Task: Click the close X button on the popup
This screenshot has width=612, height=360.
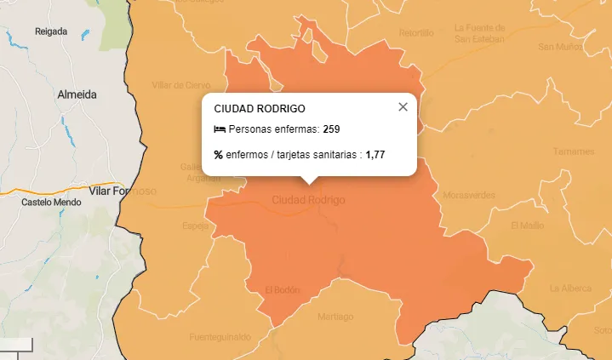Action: tap(403, 107)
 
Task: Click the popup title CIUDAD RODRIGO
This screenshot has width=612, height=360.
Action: tap(260, 109)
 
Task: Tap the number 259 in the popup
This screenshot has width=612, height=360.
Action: tap(331, 129)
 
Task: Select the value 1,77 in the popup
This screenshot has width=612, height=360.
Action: tap(375, 155)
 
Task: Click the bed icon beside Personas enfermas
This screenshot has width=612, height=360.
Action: tap(220, 129)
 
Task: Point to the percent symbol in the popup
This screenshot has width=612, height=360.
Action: tap(219, 155)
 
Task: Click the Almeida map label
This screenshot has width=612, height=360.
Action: tap(77, 94)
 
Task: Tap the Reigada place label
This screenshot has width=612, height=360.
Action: tap(51, 31)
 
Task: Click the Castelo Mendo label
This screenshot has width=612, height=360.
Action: tap(51, 203)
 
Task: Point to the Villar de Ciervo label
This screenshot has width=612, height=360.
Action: tap(180, 85)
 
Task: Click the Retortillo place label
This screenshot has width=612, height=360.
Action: tap(416, 33)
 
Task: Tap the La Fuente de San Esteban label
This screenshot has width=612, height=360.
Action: tap(479, 32)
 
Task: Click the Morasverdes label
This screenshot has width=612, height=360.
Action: tap(469, 195)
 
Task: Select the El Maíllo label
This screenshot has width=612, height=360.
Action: tap(527, 226)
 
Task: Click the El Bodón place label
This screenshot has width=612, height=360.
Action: tap(283, 289)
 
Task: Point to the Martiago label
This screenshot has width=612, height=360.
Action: tap(335, 317)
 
